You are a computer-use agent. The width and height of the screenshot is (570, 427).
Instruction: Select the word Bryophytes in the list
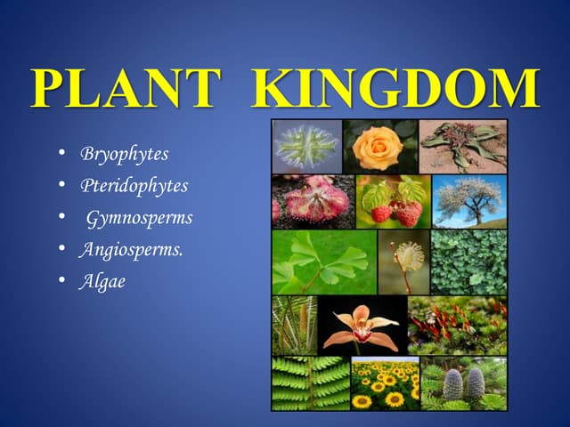(124, 154)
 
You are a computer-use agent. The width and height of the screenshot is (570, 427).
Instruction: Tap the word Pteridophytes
(134, 186)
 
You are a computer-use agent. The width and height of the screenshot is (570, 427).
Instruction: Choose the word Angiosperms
(131, 249)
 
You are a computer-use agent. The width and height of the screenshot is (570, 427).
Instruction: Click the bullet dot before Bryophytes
(61, 154)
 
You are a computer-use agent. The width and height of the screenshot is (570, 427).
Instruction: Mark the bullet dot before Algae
(61, 281)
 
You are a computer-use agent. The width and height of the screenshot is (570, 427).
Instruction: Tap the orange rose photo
(379, 146)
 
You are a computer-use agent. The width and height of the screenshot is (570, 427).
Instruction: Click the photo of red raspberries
(393, 202)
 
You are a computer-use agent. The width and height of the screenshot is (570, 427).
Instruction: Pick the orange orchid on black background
(362, 326)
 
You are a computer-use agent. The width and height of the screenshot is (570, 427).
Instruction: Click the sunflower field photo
(385, 384)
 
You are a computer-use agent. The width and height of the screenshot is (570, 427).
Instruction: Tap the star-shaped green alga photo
(307, 146)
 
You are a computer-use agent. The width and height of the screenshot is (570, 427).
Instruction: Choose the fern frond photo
(310, 384)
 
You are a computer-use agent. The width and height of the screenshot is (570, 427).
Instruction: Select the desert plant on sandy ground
(463, 146)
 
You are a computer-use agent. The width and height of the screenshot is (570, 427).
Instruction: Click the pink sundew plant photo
(313, 201)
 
